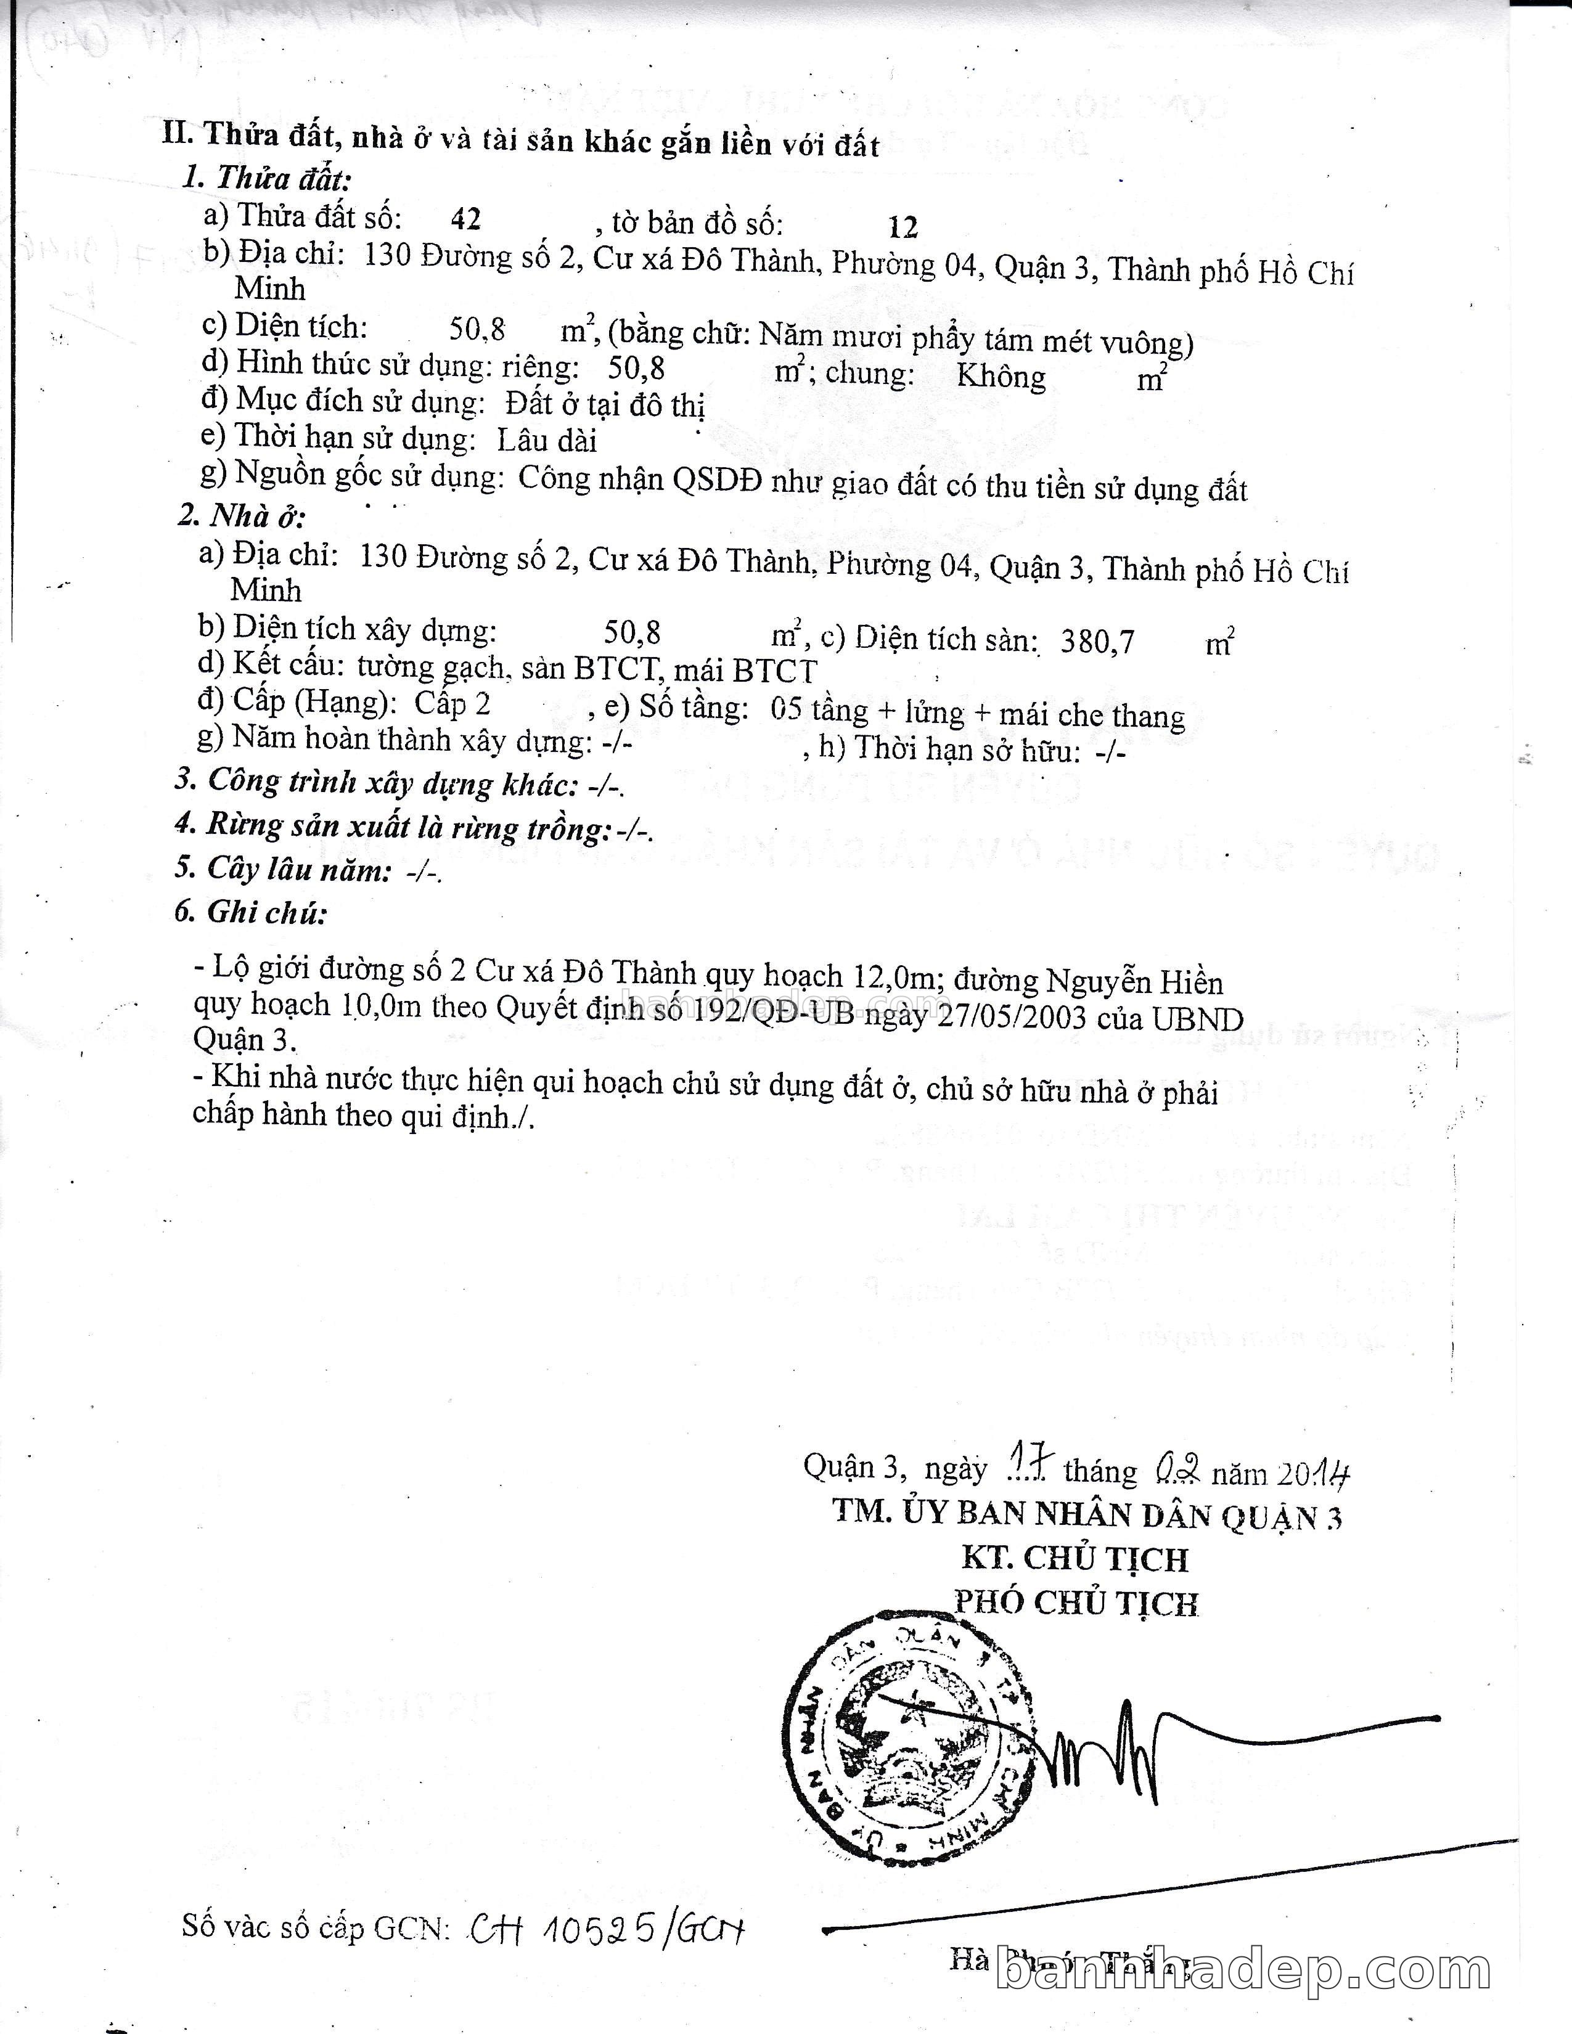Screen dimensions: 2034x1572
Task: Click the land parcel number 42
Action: pyautogui.click(x=465, y=219)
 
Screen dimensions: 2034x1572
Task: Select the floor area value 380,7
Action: pyautogui.click(x=1097, y=642)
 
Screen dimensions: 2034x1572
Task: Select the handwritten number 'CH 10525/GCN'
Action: pyautogui.click(x=607, y=1929)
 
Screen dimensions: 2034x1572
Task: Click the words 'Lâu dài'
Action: pyautogui.click(x=547, y=439)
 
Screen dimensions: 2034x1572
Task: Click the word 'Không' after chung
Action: pyautogui.click(x=1001, y=376)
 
